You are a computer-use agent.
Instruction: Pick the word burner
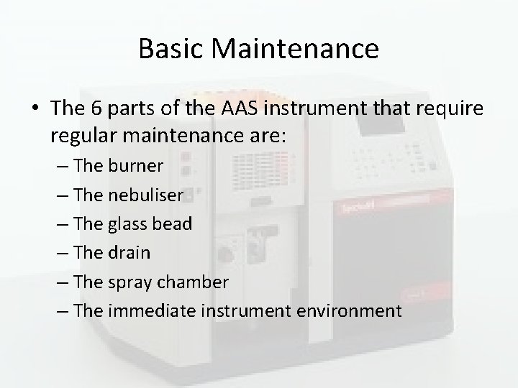point(137,166)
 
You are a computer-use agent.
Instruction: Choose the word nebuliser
point(147,195)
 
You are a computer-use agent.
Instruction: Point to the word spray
point(132,282)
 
